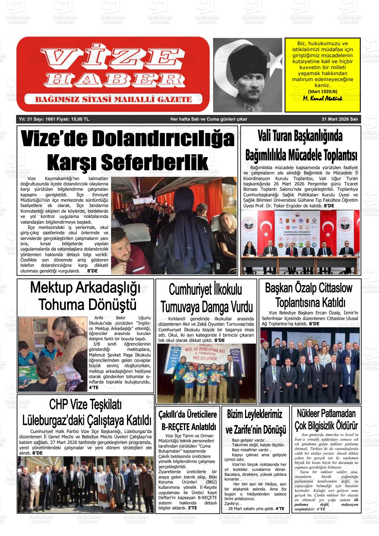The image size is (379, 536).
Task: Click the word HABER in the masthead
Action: (x=112, y=79)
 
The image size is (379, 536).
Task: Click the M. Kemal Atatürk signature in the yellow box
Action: (x=322, y=99)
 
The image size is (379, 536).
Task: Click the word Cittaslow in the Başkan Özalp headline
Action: (x=335, y=288)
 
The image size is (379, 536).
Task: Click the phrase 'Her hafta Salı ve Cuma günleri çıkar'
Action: (x=208, y=119)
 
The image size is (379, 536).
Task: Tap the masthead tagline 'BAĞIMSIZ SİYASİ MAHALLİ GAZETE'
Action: (x=113, y=99)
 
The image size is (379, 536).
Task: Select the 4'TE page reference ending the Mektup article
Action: (x=93, y=387)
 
